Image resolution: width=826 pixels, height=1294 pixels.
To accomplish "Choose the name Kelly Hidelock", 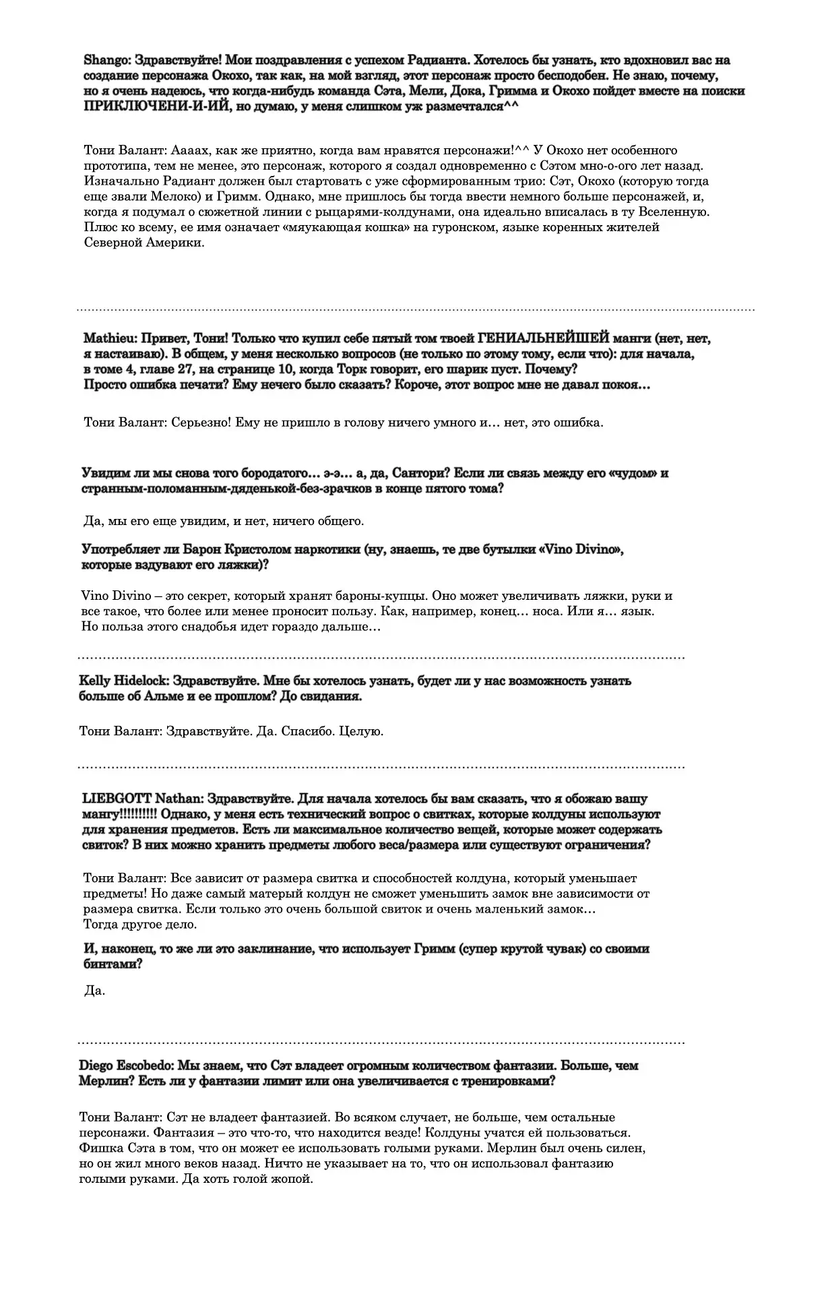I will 118,681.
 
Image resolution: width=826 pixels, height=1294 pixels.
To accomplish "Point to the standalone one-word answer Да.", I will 96,991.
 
